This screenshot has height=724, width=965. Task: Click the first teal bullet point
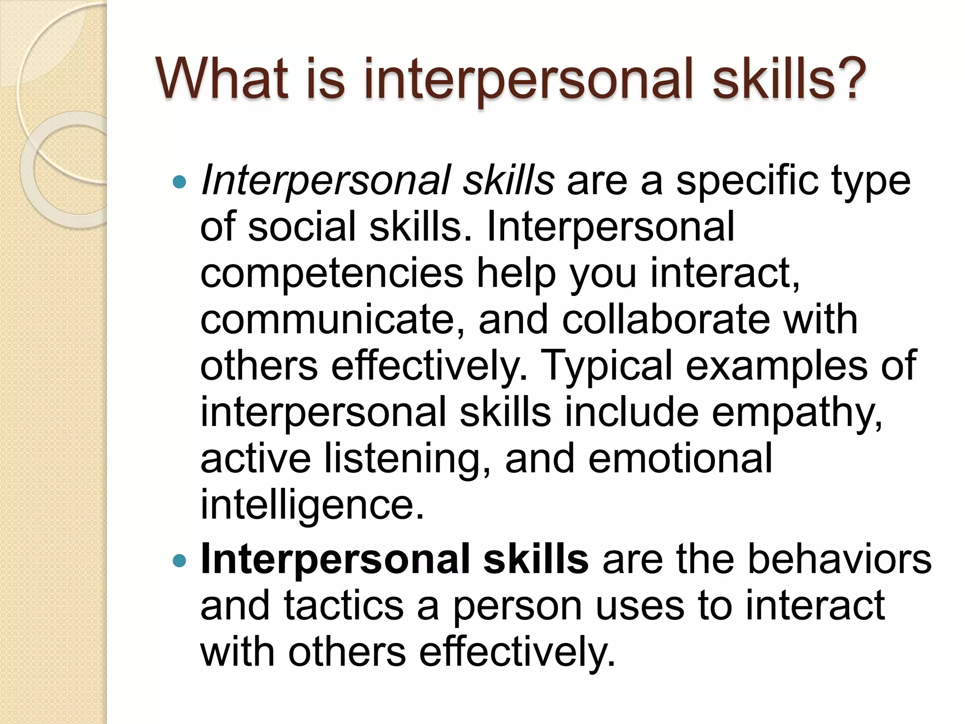pyautogui.click(x=180, y=181)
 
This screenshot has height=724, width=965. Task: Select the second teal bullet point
pyautogui.click(x=180, y=561)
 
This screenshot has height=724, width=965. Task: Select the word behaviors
pyautogui.click(x=839, y=560)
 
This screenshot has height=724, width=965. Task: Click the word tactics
pyautogui.click(x=343, y=607)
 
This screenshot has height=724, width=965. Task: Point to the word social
pyautogui.click(x=302, y=227)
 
